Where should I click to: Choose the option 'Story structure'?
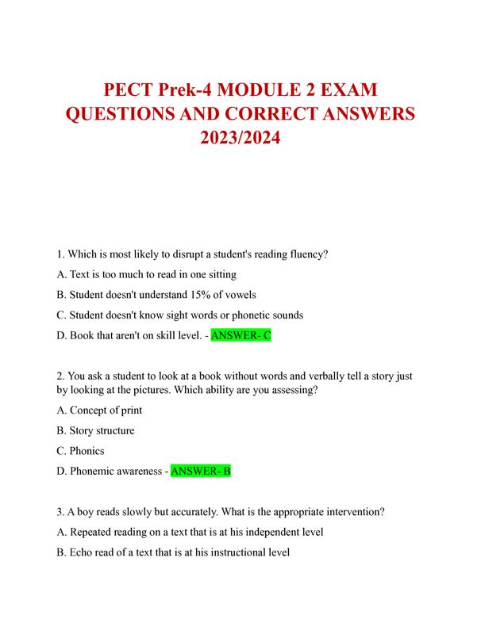[102, 430]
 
